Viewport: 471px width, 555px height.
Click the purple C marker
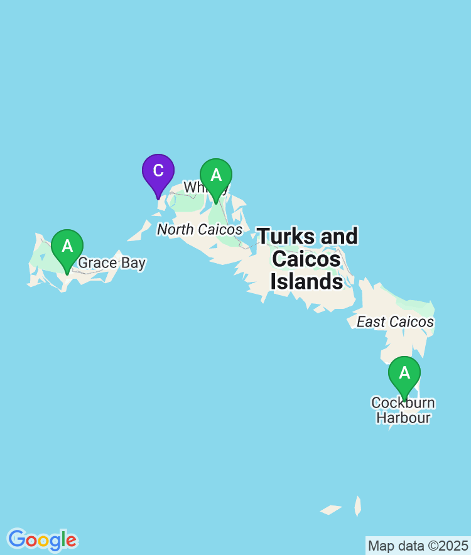point(158,171)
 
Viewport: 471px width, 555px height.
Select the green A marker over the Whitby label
point(216,176)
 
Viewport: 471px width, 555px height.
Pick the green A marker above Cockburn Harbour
point(404,374)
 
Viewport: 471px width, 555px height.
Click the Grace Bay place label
point(112,262)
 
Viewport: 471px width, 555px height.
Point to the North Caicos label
point(199,230)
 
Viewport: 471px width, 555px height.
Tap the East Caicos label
point(395,322)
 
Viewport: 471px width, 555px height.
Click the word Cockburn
point(403,402)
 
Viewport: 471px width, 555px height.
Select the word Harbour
point(403,418)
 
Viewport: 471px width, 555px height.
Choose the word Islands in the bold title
point(307,281)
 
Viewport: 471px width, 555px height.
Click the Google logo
point(42,539)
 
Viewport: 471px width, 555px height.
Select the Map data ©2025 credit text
point(418,546)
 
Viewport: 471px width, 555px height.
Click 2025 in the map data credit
point(455,546)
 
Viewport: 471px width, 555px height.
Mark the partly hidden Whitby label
point(195,188)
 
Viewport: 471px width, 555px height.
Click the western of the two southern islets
point(331,510)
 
